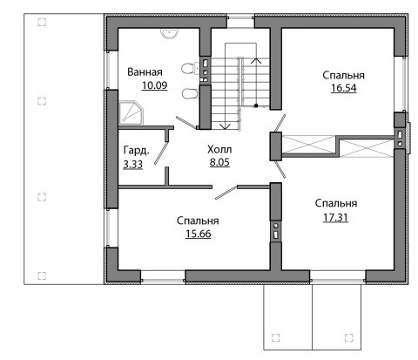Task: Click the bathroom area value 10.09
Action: click(x=154, y=85)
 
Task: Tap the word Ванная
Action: click(x=145, y=71)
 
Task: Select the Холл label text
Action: click(x=219, y=150)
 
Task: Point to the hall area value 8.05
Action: click(x=219, y=162)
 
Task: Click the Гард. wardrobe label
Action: click(x=137, y=151)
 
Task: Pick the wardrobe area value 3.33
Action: click(x=132, y=165)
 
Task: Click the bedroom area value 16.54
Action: click(x=344, y=88)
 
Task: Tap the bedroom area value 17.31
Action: click(x=335, y=217)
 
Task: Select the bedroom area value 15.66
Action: click(x=199, y=234)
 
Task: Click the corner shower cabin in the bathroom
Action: click(x=131, y=112)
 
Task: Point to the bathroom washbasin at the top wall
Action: click(x=169, y=33)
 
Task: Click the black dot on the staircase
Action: click(x=256, y=105)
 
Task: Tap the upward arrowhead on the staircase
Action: click(x=256, y=61)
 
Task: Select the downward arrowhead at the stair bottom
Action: click(x=225, y=126)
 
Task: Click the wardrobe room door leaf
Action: click(x=161, y=153)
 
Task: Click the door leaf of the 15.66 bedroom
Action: click(x=226, y=193)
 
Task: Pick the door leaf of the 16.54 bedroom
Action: click(x=280, y=124)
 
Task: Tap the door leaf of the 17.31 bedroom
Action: click(x=280, y=169)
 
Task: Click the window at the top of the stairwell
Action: click(x=240, y=17)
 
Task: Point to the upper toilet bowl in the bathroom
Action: click(x=188, y=69)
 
